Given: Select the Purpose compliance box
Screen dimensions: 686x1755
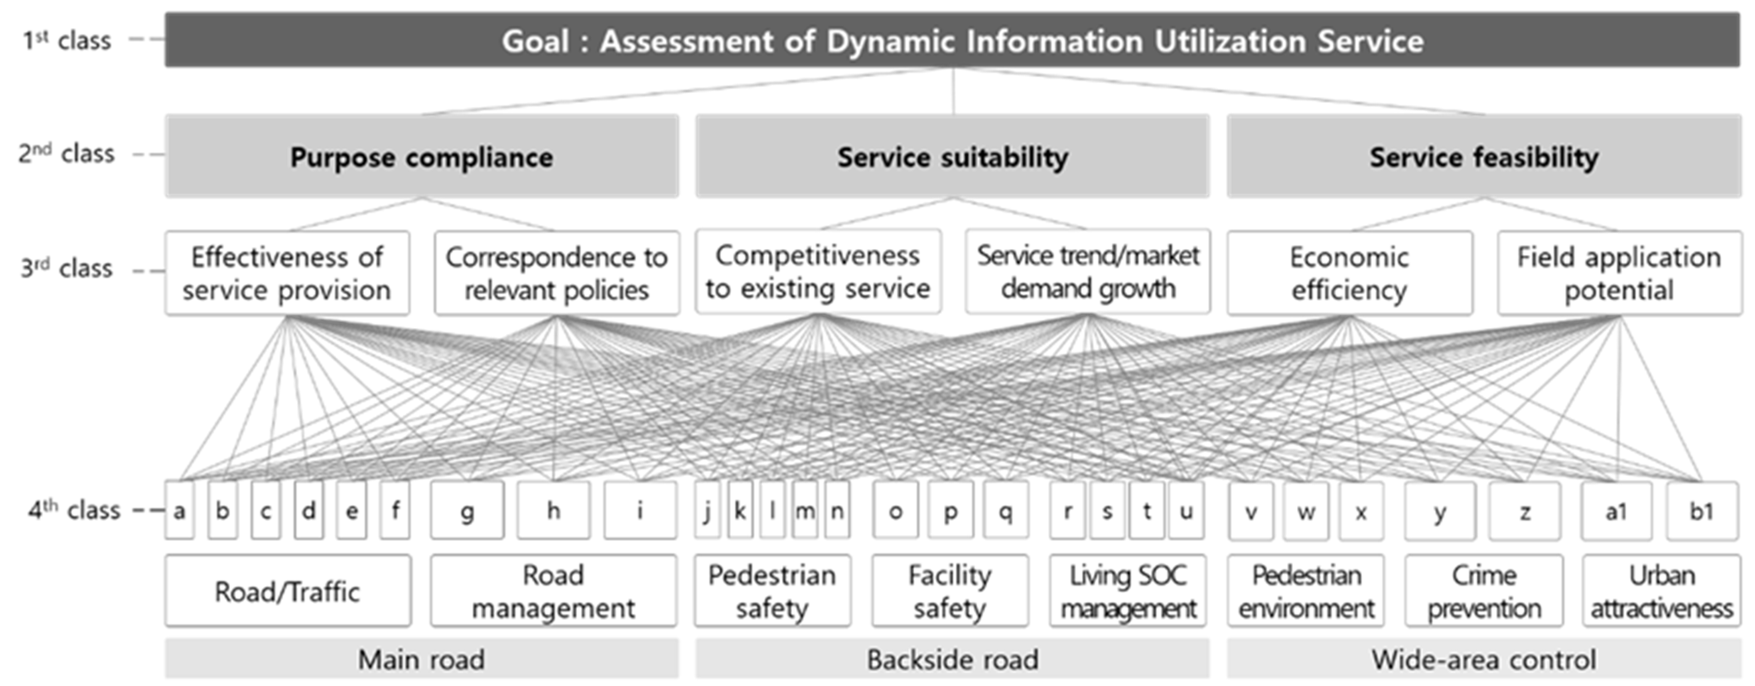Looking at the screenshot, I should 422,157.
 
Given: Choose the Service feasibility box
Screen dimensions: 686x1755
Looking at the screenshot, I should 1484,157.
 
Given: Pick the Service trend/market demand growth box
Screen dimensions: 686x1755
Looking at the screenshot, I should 1087,272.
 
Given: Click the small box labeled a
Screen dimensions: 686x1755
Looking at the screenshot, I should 179,511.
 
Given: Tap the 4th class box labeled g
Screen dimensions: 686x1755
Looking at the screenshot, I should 468,511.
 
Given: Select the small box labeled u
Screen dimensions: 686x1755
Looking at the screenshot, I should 1186,511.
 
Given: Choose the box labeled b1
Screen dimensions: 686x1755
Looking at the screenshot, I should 1701,511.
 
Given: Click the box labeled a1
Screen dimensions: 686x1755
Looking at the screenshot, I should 1616,511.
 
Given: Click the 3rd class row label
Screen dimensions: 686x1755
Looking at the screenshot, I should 66,268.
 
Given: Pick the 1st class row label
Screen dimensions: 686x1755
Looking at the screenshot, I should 66,40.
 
